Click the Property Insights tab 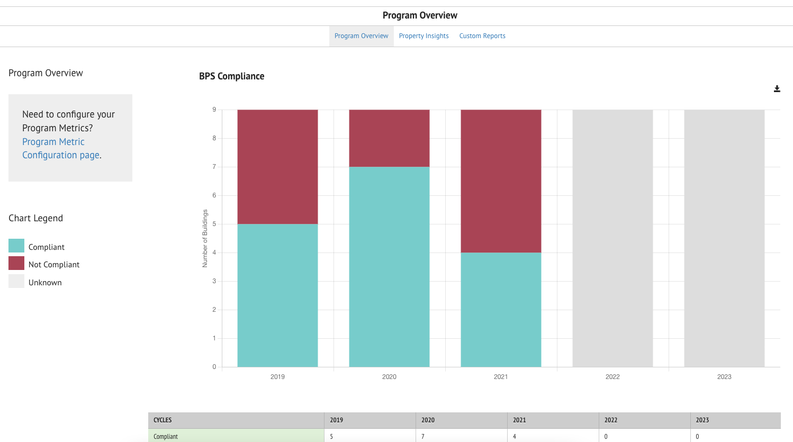pyautogui.click(x=423, y=36)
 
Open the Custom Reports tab pyautogui.click(x=482, y=36)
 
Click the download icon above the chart pyautogui.click(x=777, y=89)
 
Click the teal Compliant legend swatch pyautogui.click(x=16, y=246)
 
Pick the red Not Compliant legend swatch pyautogui.click(x=16, y=264)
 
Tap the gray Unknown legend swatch pyautogui.click(x=16, y=281)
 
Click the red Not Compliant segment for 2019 pyautogui.click(x=277, y=167)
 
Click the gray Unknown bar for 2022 pyautogui.click(x=612, y=238)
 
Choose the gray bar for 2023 pyautogui.click(x=724, y=238)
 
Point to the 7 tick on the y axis pyautogui.click(x=214, y=167)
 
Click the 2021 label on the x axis pyautogui.click(x=501, y=377)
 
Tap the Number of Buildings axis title pyautogui.click(x=205, y=238)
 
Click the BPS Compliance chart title pyautogui.click(x=231, y=76)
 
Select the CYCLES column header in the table pyautogui.click(x=163, y=420)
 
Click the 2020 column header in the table pyautogui.click(x=428, y=420)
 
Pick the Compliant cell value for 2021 pyautogui.click(x=515, y=437)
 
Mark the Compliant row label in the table pyautogui.click(x=166, y=437)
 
